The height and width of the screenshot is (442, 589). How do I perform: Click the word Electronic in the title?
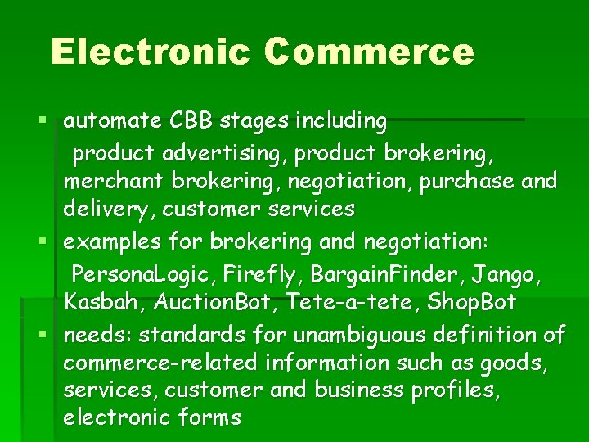coord(150,52)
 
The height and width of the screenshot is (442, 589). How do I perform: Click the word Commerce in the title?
coord(369,52)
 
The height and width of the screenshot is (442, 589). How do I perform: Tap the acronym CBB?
coord(191,121)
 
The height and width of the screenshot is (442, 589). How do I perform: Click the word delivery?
coord(109,210)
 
